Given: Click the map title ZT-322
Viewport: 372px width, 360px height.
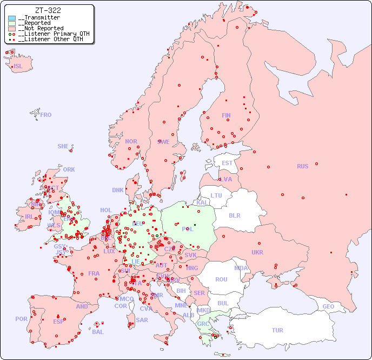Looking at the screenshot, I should coord(48,10).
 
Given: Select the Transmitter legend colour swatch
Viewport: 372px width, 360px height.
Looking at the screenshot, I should coord(12,18).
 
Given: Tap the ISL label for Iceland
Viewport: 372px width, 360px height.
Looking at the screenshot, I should coord(18,67).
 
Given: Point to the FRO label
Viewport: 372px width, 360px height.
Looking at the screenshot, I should coord(46,115).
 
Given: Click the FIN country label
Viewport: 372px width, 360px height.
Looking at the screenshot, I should coord(226,115).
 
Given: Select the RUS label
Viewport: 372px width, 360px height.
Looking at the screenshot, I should coord(302,166).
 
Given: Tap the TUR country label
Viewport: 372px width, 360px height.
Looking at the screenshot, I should coord(277,330).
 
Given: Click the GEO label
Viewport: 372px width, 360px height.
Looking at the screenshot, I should coord(328,306).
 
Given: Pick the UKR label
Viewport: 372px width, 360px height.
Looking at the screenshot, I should coord(257,252).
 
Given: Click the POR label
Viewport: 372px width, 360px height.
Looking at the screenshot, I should coord(21,319).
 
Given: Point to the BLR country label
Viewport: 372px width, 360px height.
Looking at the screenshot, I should coord(234,215).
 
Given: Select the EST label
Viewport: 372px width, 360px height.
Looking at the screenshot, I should coord(227,163).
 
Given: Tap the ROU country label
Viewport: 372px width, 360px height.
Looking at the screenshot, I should coord(221,279).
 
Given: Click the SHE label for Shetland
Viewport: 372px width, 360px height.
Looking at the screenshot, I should coord(63,146).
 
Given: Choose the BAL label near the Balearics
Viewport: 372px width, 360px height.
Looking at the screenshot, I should coord(98,332).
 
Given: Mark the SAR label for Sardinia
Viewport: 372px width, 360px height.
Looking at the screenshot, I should coord(142,320).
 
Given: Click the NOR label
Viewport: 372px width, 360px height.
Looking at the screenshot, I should coord(131,141).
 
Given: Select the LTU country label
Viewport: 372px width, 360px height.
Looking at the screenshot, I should coord(216,195).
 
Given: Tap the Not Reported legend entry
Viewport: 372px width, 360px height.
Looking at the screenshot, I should coord(41,28).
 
